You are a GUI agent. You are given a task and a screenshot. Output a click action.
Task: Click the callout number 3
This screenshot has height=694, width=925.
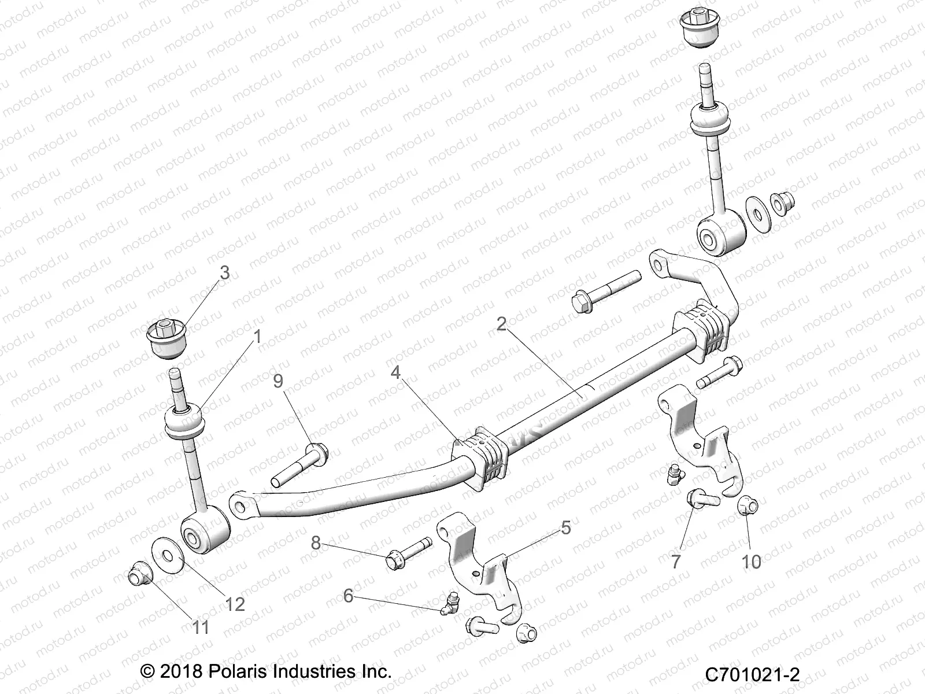point(224,272)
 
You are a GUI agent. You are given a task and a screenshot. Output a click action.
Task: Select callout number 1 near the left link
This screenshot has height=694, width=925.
point(257,336)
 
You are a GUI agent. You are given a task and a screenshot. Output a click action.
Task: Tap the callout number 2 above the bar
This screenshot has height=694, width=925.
point(501,324)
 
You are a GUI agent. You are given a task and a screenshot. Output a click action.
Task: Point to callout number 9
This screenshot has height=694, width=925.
point(278,381)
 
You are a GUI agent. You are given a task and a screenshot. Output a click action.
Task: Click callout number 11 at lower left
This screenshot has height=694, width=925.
point(201,626)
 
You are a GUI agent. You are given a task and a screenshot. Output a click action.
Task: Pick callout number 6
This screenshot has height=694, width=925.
point(348,595)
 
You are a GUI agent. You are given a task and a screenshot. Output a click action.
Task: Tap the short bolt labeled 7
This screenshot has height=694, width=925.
point(702,499)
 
